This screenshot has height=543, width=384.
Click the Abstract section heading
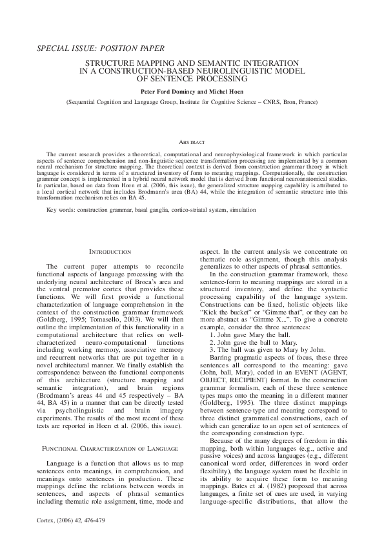pyautogui.click(x=192, y=141)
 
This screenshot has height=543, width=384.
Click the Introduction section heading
pyautogui.click(x=109, y=251)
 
